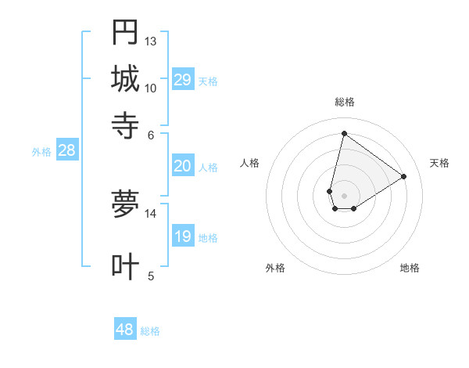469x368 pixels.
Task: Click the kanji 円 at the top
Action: point(125,32)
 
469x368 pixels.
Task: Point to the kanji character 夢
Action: point(125,204)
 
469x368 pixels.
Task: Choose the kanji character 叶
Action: point(125,267)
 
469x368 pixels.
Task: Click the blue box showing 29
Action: point(182,80)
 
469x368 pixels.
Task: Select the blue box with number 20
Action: point(182,166)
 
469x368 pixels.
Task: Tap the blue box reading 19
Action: point(182,237)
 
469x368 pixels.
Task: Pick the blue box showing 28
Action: point(66,151)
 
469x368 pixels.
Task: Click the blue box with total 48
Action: point(125,330)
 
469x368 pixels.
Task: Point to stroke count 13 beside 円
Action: point(151,41)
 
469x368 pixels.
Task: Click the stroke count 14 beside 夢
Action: point(151,213)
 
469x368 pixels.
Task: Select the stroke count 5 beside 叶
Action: point(151,276)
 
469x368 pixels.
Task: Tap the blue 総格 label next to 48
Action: point(150,331)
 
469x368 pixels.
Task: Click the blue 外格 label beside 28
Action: point(41,153)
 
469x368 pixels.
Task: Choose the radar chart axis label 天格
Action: point(439,163)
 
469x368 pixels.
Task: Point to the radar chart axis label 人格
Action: point(250,163)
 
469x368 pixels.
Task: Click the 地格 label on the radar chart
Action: point(410,268)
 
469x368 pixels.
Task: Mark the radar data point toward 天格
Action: point(403,176)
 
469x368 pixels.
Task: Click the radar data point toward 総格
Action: point(344,133)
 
